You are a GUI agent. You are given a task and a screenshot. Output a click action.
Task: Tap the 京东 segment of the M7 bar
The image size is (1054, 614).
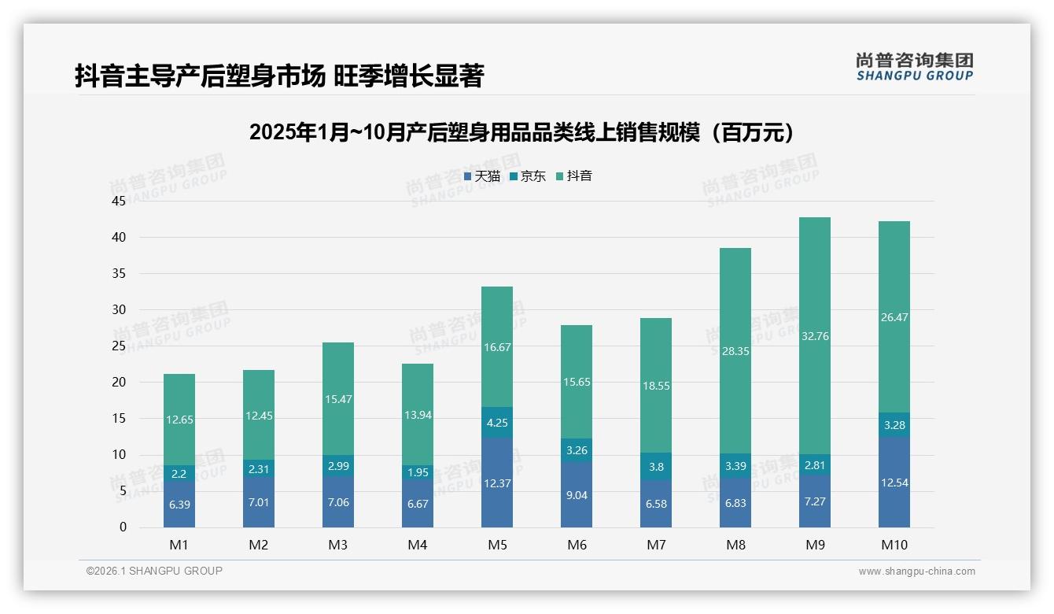click(x=656, y=466)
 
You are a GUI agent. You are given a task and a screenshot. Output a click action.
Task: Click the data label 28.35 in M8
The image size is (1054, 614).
click(x=735, y=351)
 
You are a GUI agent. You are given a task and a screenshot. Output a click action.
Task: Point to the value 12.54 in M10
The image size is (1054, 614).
click(x=894, y=483)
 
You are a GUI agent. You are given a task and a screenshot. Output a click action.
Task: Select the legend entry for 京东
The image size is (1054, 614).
click(x=528, y=176)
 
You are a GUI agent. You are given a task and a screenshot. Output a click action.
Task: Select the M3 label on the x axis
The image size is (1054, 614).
click(x=338, y=545)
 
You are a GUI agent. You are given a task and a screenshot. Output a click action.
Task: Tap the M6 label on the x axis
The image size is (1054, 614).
click(x=577, y=545)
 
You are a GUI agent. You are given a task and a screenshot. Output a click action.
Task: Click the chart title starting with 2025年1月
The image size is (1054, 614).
click(x=521, y=132)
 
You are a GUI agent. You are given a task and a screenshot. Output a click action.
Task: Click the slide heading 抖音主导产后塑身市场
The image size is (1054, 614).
click(x=279, y=76)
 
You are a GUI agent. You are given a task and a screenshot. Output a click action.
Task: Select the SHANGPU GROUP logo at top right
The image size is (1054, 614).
click(x=914, y=66)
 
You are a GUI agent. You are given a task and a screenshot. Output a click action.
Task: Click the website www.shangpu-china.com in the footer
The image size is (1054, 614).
click(x=916, y=571)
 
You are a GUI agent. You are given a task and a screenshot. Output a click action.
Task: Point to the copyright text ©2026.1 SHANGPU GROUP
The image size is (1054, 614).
click(x=154, y=571)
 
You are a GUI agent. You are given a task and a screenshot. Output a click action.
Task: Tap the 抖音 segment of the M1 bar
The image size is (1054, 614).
click(x=179, y=419)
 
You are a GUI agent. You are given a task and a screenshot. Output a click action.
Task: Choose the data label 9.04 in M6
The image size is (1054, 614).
click(x=577, y=496)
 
